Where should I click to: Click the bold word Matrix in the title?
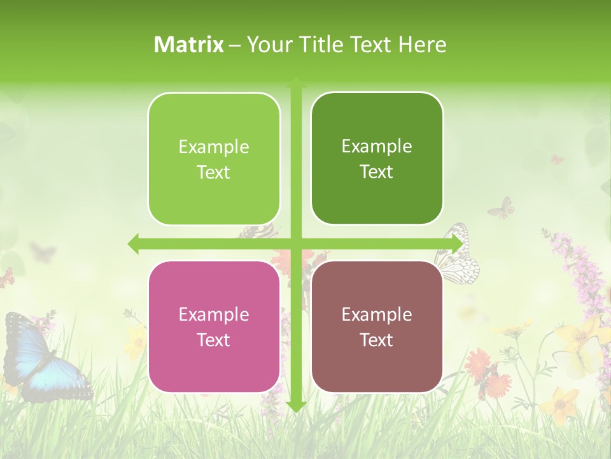pyautogui.click(x=189, y=45)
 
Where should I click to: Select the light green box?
pyautogui.click(x=214, y=159)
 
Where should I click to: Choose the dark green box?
pyautogui.click(x=377, y=159)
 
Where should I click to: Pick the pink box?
pyautogui.click(x=214, y=327)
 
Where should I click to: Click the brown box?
pyautogui.click(x=377, y=327)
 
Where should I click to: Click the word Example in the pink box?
pyautogui.click(x=214, y=314)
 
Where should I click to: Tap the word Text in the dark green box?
pyautogui.click(x=377, y=171)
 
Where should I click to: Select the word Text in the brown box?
pyautogui.click(x=377, y=340)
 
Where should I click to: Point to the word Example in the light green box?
pyautogui.click(x=214, y=147)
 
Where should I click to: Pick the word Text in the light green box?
pyautogui.click(x=214, y=172)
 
